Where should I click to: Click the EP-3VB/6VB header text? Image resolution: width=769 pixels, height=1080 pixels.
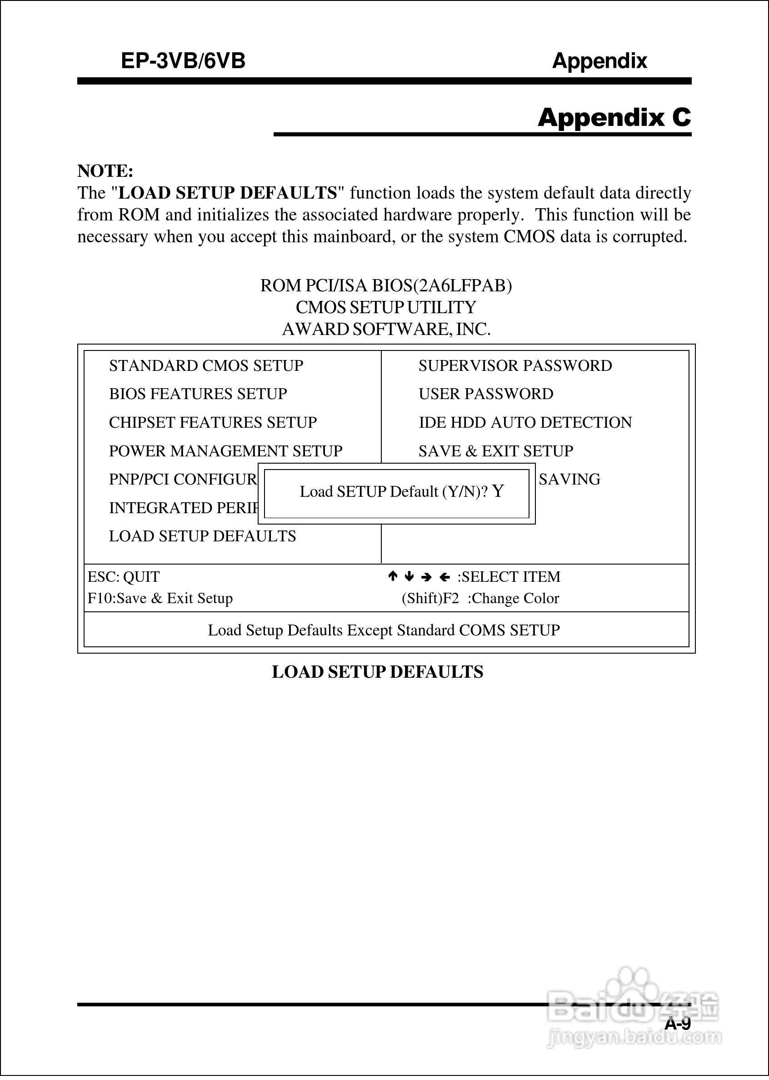[x=183, y=61]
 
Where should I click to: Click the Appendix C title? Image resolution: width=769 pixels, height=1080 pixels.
[x=614, y=117]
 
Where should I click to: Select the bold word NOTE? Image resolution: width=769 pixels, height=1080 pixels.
[x=105, y=171]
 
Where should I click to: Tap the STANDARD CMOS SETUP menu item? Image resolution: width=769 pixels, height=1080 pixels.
[x=206, y=365]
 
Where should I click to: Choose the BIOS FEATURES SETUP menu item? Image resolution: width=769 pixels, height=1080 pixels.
[x=198, y=394]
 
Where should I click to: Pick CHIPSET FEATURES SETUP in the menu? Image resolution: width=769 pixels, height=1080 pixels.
[x=213, y=422]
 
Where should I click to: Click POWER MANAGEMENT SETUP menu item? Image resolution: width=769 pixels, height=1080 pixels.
[x=225, y=451]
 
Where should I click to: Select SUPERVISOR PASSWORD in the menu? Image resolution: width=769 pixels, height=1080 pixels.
[x=515, y=365]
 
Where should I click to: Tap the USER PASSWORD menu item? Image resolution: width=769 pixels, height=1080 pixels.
[x=485, y=394]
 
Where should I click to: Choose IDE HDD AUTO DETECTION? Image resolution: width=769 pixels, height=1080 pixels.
[x=524, y=422]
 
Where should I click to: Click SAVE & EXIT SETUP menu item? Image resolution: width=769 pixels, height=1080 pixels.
[x=495, y=451]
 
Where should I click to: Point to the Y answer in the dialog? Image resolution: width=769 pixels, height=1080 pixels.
[x=498, y=491]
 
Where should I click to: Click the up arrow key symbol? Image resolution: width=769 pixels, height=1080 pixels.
[x=392, y=576]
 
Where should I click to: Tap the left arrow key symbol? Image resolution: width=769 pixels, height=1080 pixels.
[x=444, y=577]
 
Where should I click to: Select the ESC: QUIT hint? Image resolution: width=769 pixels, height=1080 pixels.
[x=124, y=577]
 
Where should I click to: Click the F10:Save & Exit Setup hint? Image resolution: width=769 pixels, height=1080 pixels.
[x=160, y=599]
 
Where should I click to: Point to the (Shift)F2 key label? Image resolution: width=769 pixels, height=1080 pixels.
[x=430, y=599]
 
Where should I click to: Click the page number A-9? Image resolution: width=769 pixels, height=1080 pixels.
[x=677, y=1024]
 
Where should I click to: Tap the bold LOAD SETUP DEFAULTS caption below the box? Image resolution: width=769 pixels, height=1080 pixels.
[x=377, y=672]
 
